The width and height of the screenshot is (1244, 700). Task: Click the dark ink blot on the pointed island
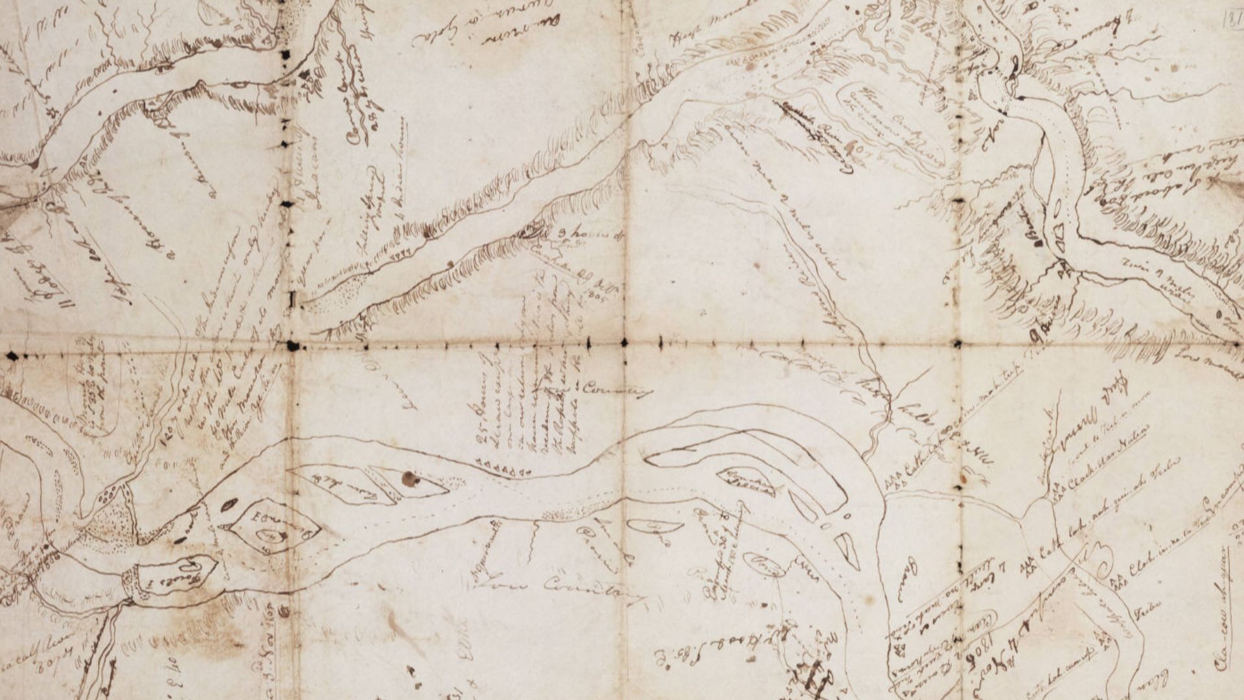(410, 479)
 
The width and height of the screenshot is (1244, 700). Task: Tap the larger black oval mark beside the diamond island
(228, 504)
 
